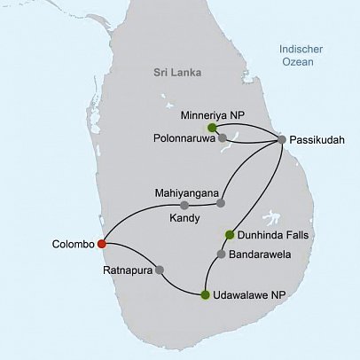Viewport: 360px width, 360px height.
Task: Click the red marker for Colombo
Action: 102,243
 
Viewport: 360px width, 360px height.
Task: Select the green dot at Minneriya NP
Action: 212,127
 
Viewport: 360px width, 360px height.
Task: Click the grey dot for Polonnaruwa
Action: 223,137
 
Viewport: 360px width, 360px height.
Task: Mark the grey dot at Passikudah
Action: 282,139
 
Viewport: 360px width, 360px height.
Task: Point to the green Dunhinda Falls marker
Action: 230,235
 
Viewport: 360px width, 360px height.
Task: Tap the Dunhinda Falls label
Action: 275,236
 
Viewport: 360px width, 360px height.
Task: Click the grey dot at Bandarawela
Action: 221,255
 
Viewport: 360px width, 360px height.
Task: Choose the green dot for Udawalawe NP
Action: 206,294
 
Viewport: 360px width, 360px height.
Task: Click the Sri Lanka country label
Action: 176,72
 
